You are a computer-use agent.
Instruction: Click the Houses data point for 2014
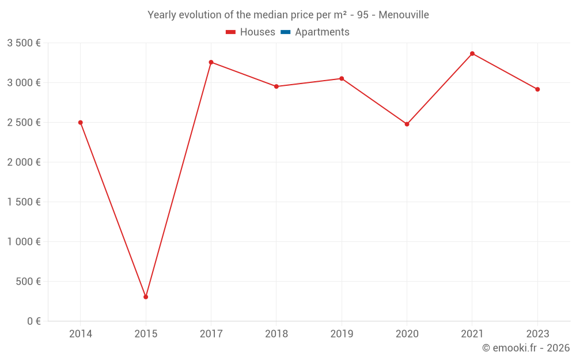point(81,123)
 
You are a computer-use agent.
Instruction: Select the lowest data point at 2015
point(146,297)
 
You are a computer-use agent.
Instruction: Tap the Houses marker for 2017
point(211,62)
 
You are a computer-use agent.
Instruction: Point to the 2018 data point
point(276,86)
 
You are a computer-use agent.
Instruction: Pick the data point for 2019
point(342,78)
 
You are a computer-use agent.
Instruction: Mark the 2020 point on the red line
point(407,124)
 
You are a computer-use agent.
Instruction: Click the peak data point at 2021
point(472,54)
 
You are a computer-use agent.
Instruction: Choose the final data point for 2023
point(537,89)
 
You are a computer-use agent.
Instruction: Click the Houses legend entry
point(251,32)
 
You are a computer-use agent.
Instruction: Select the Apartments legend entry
point(315,32)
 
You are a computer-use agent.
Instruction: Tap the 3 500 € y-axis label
point(24,43)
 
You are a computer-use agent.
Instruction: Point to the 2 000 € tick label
point(24,162)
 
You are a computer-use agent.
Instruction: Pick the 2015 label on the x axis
point(146,334)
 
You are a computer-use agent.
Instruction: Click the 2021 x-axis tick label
point(472,334)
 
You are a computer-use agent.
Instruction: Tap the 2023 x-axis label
point(537,334)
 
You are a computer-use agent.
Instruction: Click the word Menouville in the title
point(404,15)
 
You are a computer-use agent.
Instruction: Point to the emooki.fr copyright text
point(525,348)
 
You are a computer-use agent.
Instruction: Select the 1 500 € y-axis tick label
point(24,202)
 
